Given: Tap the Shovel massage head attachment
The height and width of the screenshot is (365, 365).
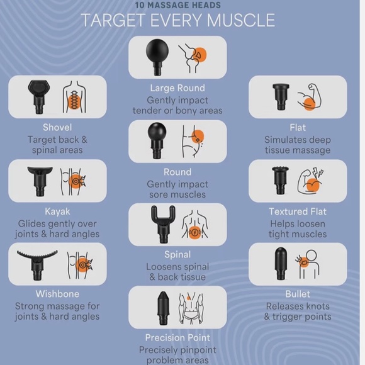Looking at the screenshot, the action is coord(38,96).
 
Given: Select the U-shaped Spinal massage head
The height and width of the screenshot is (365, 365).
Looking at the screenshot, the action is coord(163,224).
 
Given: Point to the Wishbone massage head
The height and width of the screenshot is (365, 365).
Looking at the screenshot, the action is coord(37,265).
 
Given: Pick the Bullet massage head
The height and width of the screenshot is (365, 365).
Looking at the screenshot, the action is coord(281,264).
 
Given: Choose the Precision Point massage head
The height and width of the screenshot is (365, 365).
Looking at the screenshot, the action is coord(163,308).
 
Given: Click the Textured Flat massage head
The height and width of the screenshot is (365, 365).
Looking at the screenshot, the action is coord(281,180).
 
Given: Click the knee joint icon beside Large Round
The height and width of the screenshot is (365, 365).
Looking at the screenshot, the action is coord(193,58).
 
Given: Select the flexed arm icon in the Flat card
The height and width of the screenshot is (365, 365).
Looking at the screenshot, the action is coord(310,97).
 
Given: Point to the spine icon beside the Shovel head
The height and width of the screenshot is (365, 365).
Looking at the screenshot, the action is coord(74,97).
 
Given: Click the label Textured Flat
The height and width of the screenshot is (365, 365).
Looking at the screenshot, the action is coord(298,211).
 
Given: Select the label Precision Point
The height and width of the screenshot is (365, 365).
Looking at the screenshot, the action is coord(177,337).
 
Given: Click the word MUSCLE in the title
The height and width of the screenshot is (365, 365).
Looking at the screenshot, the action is coord(241,20).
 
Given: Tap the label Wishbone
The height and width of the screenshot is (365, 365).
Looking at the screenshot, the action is coord(57,294).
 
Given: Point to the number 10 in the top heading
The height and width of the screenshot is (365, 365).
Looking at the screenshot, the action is coord(140,5).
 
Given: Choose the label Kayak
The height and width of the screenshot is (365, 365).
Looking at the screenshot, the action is coord(57,211).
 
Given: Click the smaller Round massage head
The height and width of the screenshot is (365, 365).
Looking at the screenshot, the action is coord(157,140).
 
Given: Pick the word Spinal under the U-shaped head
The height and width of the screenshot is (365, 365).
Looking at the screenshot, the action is coord(177,254).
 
